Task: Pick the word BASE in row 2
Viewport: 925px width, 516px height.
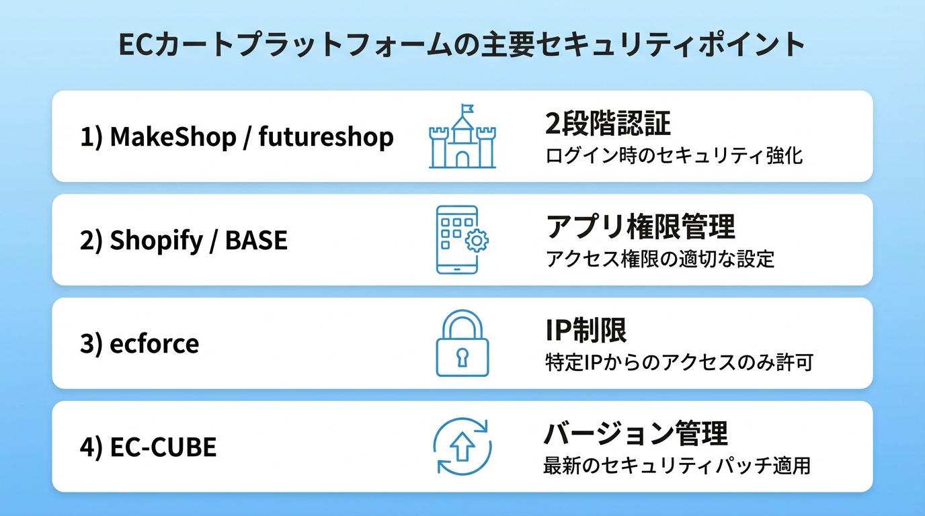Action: pos(256,241)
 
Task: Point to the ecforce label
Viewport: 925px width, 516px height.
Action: pos(155,344)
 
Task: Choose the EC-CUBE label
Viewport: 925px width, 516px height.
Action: pos(163,447)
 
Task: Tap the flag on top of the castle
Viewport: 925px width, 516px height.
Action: pos(467,108)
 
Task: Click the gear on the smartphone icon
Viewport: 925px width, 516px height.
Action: pos(477,241)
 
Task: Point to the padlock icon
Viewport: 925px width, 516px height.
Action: pos(462,344)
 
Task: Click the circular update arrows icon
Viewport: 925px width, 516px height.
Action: pos(462,447)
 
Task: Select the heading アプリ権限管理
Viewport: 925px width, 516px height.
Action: pos(640,227)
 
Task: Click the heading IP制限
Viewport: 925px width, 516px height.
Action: pos(586,331)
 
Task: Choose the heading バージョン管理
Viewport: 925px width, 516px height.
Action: pos(635,434)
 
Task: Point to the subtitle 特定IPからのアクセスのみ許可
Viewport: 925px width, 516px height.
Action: pos(678,363)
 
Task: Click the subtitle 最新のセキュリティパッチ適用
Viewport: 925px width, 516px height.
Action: pos(676,466)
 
